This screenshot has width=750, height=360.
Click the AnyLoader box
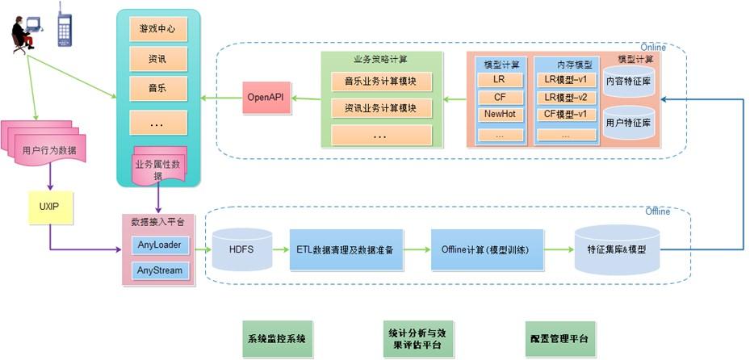[159, 245]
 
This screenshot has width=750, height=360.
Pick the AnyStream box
[159, 270]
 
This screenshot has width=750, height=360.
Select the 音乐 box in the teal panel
[157, 87]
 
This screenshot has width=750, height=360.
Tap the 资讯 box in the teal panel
[157, 59]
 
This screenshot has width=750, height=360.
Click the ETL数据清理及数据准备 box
[345, 249]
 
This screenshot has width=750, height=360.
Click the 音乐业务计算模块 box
[381, 82]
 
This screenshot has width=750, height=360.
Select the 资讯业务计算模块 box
[381, 107]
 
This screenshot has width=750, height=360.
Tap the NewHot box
[500, 115]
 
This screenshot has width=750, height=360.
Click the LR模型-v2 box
[564, 98]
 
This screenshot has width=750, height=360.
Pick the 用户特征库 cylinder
[630, 123]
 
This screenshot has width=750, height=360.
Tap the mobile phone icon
[64, 25]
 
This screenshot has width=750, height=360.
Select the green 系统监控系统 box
[277, 338]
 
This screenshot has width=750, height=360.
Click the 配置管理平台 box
[560, 338]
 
